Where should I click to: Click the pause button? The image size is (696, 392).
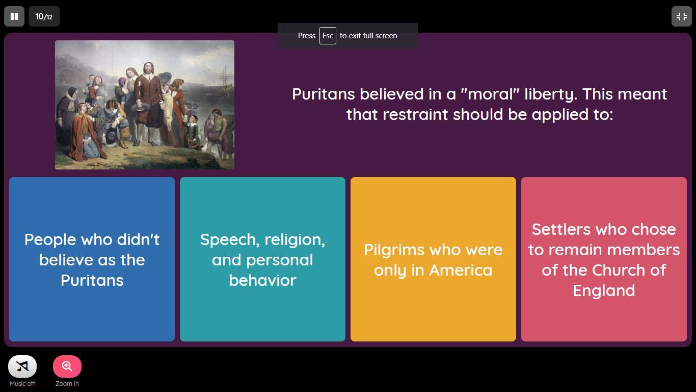coord(14,16)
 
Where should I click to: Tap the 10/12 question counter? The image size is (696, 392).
coord(44,16)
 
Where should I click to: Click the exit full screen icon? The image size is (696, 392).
coord(681,16)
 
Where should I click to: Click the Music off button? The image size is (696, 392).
coord(22,366)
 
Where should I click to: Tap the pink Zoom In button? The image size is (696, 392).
coord(67,366)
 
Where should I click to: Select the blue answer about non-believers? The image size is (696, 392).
coord(92,259)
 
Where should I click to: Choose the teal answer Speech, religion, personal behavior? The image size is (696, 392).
coord(262,259)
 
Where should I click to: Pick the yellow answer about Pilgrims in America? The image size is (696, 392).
coord(433,259)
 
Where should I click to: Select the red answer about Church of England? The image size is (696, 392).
coord(604,259)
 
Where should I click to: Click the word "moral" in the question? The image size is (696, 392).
coord(490,94)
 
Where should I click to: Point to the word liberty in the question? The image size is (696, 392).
coord(551,94)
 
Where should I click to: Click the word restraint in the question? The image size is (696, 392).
coord(415,114)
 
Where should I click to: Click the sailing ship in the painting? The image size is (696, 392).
coord(226,80)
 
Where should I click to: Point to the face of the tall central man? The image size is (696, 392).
coord(148,68)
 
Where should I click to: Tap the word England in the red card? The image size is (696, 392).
coord(604,291)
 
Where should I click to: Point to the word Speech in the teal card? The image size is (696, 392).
coord(230,240)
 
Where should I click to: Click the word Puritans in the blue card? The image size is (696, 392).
coord(92,280)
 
